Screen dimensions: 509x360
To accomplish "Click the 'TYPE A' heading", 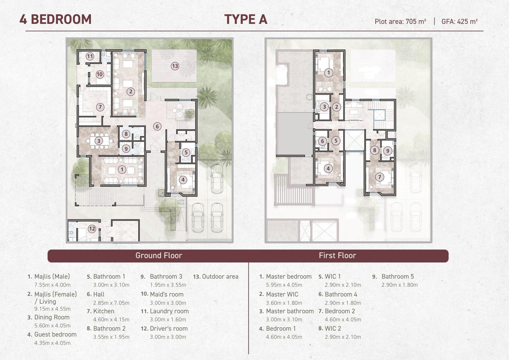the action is tap(246, 19).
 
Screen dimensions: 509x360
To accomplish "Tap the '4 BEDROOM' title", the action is tap(55, 19).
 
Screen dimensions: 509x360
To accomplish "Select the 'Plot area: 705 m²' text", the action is tap(401, 21).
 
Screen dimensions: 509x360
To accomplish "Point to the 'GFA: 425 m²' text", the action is tap(459, 21).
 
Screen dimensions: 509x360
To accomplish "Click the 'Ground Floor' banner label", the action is tap(159, 255).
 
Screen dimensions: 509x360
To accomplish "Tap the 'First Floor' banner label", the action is tap(338, 255).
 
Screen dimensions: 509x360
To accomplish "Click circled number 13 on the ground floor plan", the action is tap(175, 66).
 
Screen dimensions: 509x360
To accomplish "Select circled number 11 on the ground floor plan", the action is tap(90, 56).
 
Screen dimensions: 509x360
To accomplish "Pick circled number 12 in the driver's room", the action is tap(92, 229).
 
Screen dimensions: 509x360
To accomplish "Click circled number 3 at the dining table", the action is tap(99, 141).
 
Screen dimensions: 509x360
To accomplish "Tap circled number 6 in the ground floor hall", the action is tap(157, 126).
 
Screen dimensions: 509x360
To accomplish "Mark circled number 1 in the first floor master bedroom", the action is tap(328, 73).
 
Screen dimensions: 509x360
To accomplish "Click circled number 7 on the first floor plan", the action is tap(380, 177).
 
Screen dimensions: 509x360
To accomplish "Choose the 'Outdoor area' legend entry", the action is tap(220, 277).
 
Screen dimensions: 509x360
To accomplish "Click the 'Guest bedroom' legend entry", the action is tap(55, 335).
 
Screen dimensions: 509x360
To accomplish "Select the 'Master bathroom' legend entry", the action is tap(290, 311).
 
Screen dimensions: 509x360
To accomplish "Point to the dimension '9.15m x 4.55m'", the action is tap(52, 309).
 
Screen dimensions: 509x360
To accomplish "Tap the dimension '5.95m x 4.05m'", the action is tap(284, 285).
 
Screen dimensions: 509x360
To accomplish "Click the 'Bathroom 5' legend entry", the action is tap(398, 277).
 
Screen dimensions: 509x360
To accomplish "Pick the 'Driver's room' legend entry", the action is tap(169, 328).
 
